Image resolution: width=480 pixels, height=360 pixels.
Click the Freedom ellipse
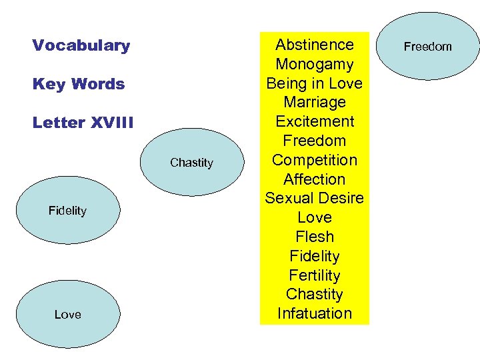(x=428, y=46)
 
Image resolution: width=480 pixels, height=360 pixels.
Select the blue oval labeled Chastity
(x=192, y=163)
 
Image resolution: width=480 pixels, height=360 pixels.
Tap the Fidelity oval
(x=67, y=211)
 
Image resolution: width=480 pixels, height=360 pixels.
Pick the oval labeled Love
(x=67, y=314)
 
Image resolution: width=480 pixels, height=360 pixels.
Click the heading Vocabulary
(x=81, y=45)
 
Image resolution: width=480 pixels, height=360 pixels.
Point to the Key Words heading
(x=78, y=84)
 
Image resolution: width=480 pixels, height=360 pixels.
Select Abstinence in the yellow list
(x=314, y=45)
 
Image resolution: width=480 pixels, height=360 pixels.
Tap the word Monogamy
(x=314, y=64)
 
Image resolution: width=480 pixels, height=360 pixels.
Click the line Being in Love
(x=314, y=83)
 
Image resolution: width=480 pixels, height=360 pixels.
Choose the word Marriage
(x=314, y=102)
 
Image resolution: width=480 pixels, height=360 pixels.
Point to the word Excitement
(x=314, y=121)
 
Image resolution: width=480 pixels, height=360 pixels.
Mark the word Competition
(x=314, y=160)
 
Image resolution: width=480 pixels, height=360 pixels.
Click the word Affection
(x=314, y=179)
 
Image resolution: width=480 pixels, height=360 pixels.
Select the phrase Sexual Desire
(x=314, y=198)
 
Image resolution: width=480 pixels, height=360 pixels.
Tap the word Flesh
(x=314, y=237)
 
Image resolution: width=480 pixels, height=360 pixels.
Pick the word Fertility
(x=314, y=275)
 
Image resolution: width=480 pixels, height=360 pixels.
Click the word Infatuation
(x=314, y=313)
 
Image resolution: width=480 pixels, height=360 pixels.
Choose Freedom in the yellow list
(x=314, y=141)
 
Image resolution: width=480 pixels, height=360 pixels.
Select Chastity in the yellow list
(x=314, y=294)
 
